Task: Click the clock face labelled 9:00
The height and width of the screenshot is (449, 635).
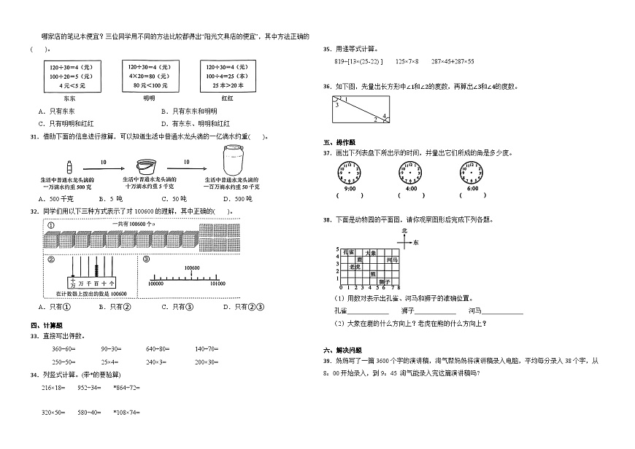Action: click(349, 175)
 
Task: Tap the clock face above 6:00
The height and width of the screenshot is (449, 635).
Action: click(472, 175)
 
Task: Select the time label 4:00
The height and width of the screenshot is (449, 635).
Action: click(411, 189)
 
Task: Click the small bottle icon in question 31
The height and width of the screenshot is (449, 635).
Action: click(68, 167)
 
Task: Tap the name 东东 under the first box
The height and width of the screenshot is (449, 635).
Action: click(69, 97)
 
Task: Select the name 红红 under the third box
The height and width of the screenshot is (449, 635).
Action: click(226, 97)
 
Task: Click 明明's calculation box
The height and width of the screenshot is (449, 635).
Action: click(149, 76)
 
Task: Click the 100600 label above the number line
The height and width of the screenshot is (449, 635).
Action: click(192, 268)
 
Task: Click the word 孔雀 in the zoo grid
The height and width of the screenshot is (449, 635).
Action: click(347, 251)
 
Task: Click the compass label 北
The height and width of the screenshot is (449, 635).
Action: click(403, 230)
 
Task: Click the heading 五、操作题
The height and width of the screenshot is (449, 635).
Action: click(339, 143)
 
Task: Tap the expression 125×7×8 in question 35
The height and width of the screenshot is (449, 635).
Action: click(407, 61)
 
